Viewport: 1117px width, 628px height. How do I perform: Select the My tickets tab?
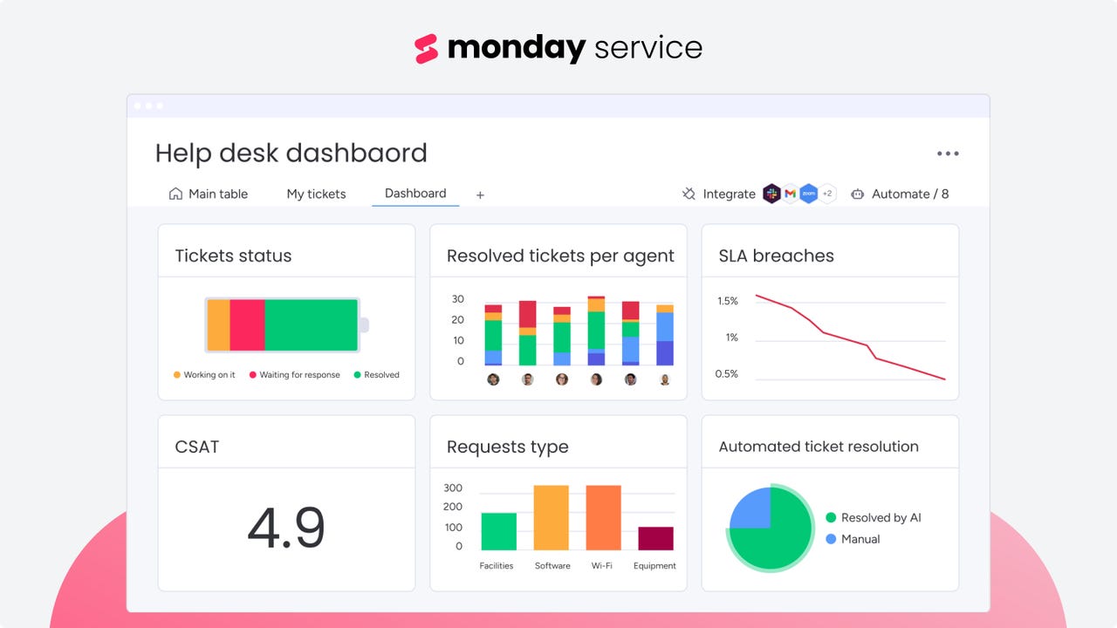tap(316, 194)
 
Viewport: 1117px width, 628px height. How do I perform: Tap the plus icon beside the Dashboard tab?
tap(480, 195)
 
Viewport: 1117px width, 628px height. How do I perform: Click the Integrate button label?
tap(729, 194)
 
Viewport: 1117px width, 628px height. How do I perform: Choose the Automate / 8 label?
tap(909, 194)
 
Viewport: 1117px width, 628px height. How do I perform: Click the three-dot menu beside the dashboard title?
tap(948, 154)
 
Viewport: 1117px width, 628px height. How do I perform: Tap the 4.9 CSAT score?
tap(286, 528)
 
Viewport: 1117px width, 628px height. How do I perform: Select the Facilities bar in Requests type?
tap(499, 530)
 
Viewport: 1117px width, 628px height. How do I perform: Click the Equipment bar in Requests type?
tap(655, 538)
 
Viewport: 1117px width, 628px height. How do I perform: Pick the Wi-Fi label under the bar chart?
tap(602, 565)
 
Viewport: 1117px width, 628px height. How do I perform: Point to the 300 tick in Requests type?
tap(453, 488)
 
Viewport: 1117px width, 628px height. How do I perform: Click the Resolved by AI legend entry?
tap(880, 517)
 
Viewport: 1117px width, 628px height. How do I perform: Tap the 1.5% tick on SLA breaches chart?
tap(728, 301)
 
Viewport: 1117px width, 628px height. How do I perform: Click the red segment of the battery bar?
tap(247, 324)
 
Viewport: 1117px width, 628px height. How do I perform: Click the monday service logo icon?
tap(426, 49)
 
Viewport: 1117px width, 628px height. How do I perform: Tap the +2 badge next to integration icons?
tap(827, 194)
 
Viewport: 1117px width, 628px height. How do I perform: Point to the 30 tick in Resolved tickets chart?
tap(458, 298)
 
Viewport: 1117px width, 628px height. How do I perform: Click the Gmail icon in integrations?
tap(790, 194)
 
